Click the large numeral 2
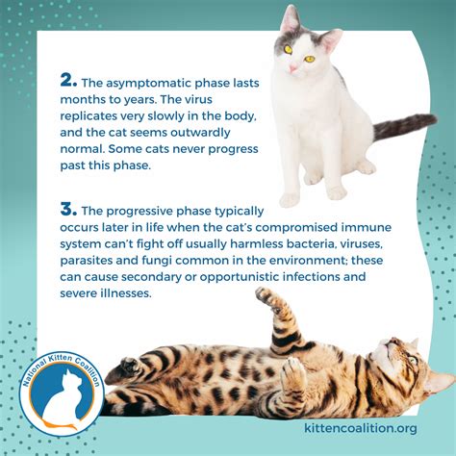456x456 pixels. (x=69, y=81)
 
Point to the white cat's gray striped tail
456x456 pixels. (x=404, y=126)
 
